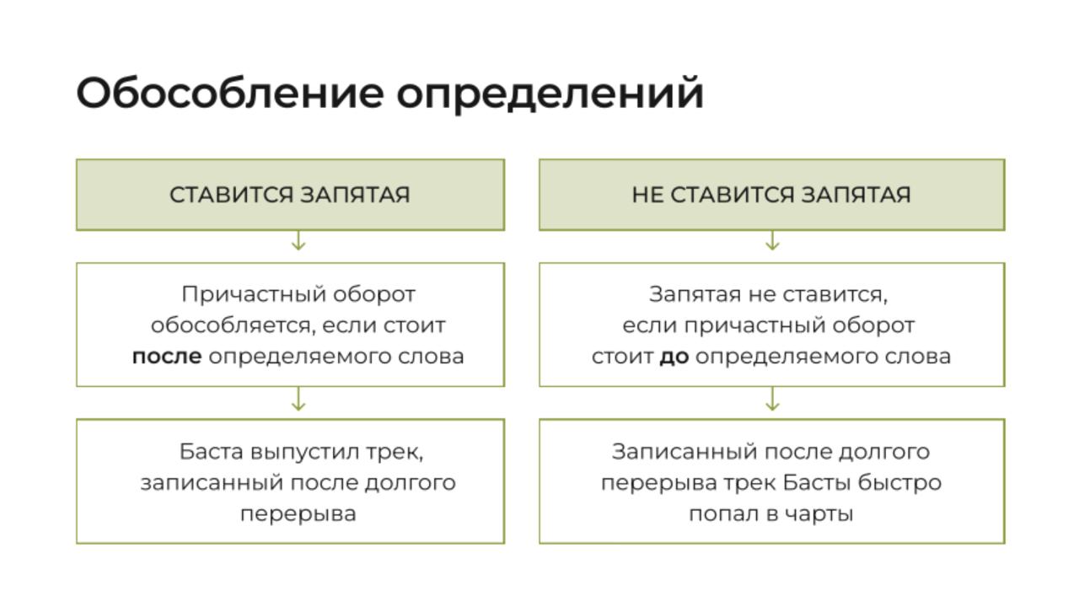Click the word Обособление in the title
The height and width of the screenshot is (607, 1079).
[x=230, y=93]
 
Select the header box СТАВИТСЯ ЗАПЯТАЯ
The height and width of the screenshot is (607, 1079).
[x=291, y=195]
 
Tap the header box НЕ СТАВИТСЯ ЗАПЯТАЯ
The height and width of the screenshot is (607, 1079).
[x=771, y=195]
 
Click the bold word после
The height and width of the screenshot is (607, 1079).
[x=167, y=357]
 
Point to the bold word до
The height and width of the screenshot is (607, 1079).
[x=674, y=357]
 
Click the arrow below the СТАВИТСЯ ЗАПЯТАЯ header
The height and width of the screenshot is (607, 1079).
[x=298, y=240]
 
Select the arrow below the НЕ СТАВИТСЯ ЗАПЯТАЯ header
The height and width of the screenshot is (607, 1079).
[x=772, y=240]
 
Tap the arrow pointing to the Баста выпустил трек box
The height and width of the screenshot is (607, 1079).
[x=298, y=399]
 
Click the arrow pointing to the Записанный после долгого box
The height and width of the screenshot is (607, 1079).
[x=772, y=399]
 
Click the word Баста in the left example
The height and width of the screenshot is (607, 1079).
[x=211, y=452]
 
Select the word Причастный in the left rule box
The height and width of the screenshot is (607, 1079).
[x=254, y=294]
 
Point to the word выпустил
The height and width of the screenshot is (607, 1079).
[x=304, y=452]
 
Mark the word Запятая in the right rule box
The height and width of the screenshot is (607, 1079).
[x=695, y=294]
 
